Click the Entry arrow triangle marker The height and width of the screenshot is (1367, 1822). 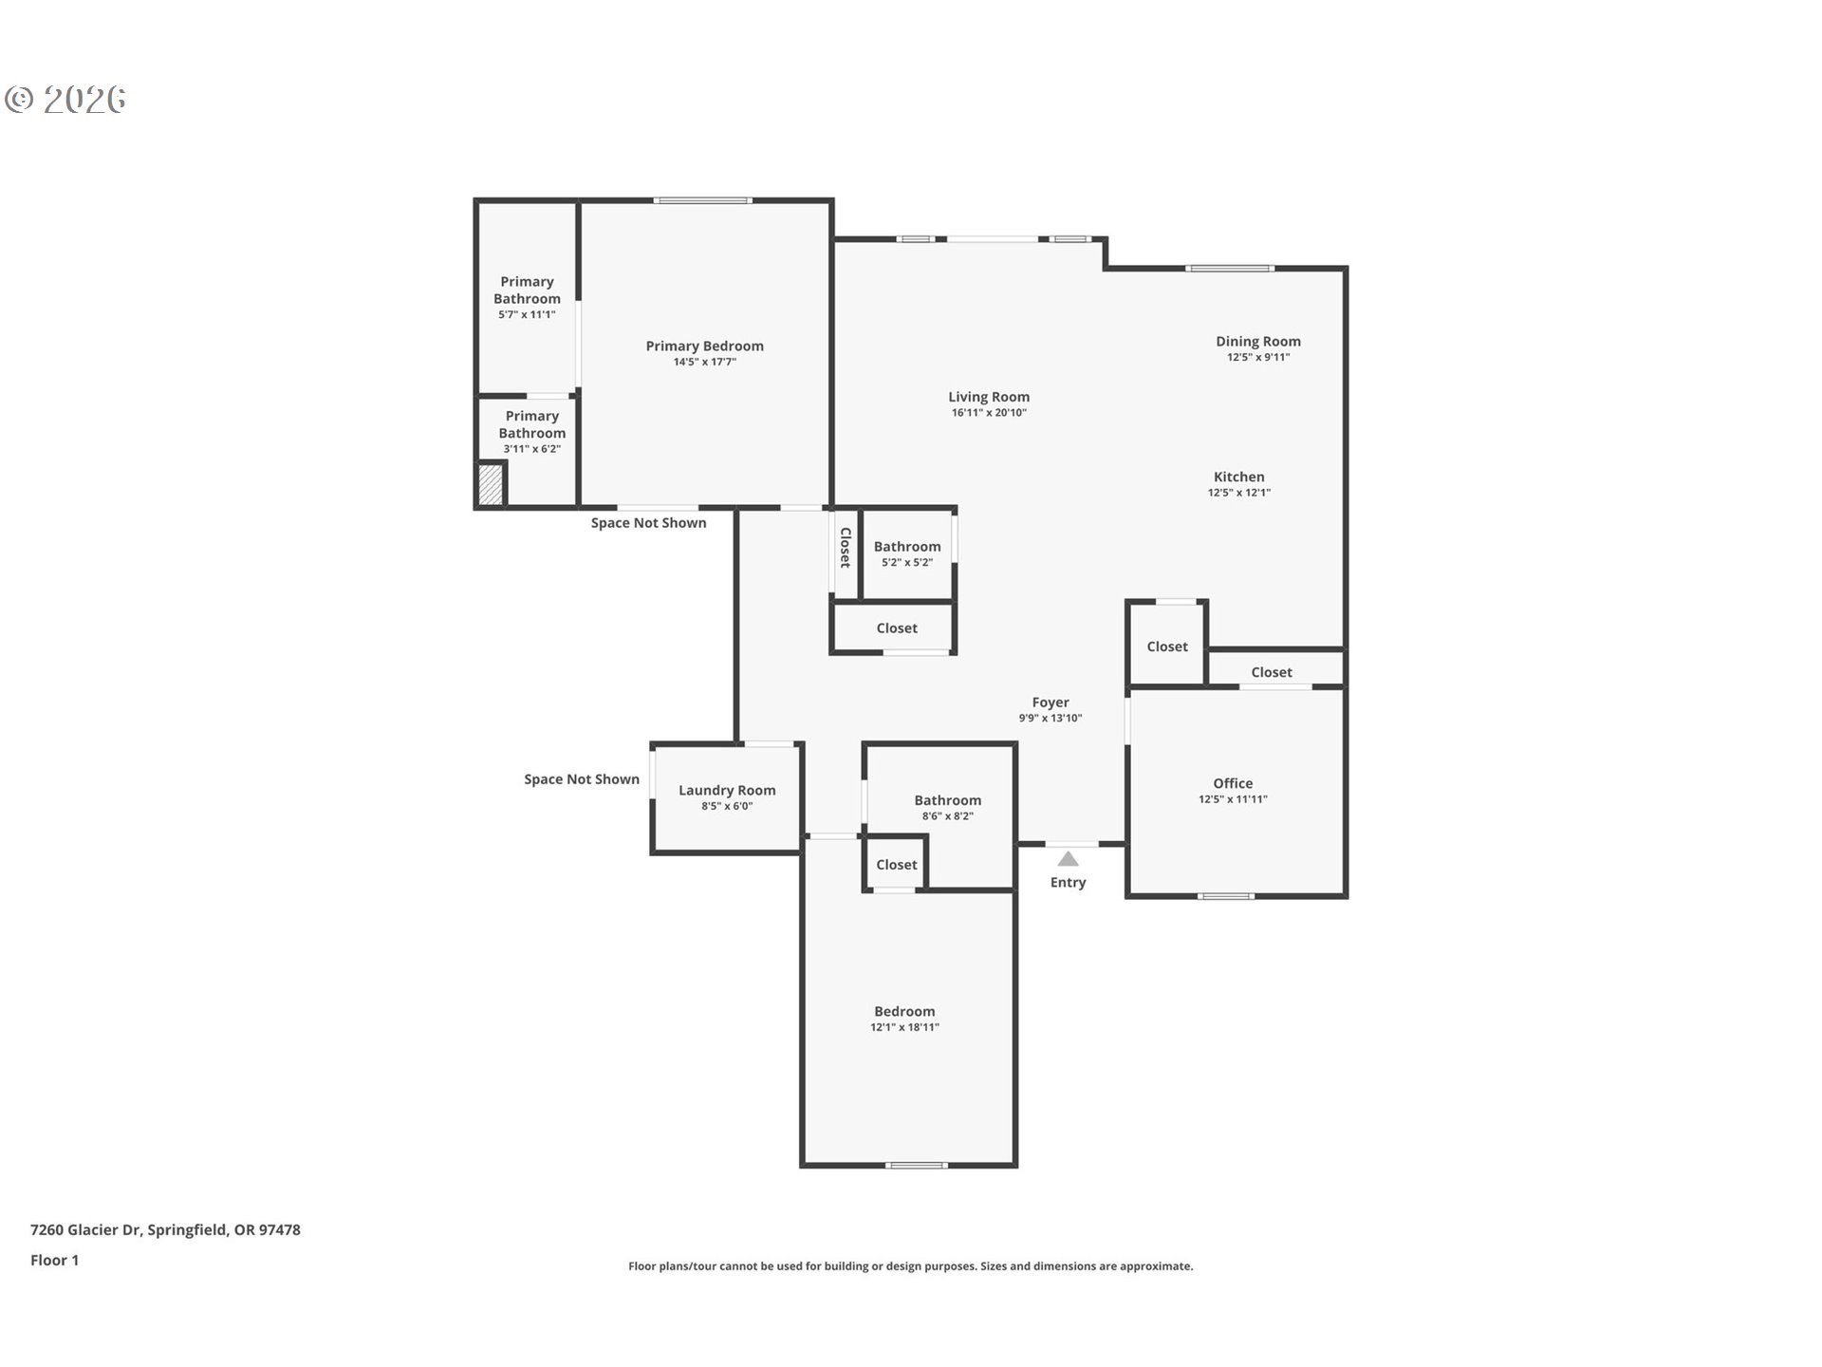coord(1068,859)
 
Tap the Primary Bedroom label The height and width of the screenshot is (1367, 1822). coord(704,346)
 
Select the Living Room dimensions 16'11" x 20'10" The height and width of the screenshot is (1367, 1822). coord(989,413)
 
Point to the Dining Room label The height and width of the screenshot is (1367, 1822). coord(1258,342)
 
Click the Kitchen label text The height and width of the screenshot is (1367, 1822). coord(1239,478)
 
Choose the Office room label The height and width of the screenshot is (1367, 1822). coord(1233,783)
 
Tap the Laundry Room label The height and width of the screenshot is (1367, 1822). coord(727,791)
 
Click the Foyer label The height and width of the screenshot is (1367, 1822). coord(1050,702)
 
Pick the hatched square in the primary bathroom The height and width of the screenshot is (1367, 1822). coord(490,484)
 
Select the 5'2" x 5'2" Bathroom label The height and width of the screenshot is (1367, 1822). coord(907,547)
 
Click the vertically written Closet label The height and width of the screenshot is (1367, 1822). coord(845,548)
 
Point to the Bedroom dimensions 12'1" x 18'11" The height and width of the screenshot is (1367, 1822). coord(904,1027)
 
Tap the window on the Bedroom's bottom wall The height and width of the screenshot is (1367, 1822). coord(916,1165)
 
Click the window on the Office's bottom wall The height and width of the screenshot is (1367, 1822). coord(1225,895)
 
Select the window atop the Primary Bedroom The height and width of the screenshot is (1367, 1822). coord(702,200)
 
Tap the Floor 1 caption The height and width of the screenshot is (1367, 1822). coord(54,1261)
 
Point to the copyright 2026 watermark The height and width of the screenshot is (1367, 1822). coord(65,100)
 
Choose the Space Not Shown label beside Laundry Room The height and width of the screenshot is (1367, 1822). coord(582,779)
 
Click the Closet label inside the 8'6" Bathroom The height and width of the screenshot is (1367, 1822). coord(897,865)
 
